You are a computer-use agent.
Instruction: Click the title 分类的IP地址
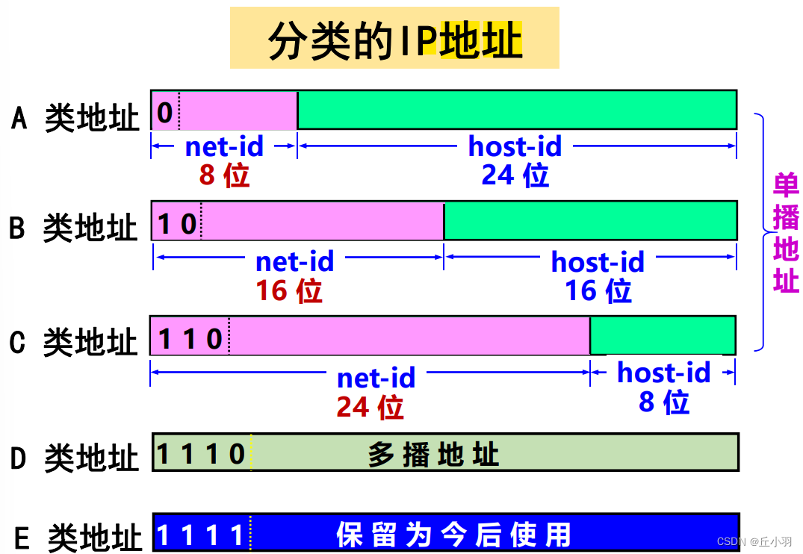394,39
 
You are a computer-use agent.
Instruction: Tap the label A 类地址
75,117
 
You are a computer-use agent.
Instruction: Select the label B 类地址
74,227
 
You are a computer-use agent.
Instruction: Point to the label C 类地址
74,341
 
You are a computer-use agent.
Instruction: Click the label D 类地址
75,457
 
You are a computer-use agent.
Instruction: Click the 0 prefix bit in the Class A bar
165,112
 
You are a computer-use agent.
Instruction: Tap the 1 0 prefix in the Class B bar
177,222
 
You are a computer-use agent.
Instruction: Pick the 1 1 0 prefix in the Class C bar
190,338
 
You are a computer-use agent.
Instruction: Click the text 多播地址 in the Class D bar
433,454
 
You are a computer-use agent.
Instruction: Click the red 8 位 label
223,175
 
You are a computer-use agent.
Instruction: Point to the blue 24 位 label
515,175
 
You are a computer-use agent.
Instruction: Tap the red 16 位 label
289,290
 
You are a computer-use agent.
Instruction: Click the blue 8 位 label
663,402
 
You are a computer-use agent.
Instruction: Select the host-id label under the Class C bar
663,373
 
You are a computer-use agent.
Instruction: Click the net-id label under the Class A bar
224,146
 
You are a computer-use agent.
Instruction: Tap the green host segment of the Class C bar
663,335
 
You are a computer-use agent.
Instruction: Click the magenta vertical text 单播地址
786,233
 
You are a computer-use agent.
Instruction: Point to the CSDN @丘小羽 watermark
754,541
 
